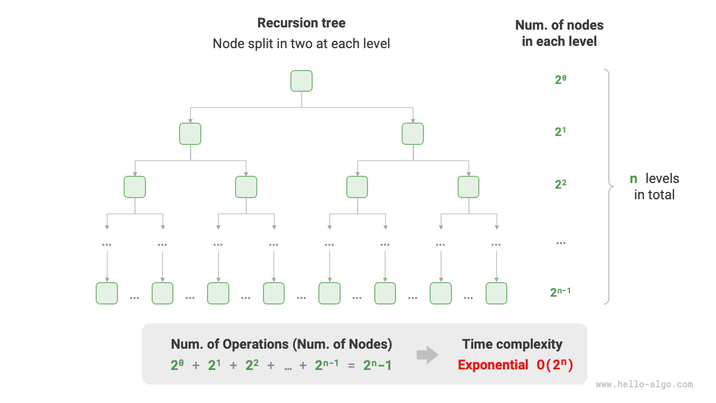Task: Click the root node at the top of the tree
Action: pyautogui.click(x=302, y=81)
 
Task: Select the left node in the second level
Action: pyautogui.click(x=190, y=134)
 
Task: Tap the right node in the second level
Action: pyautogui.click(x=413, y=134)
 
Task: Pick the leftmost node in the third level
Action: pyautogui.click(x=135, y=187)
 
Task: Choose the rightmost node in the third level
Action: pyautogui.click(x=469, y=187)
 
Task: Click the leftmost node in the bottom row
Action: pyautogui.click(x=107, y=293)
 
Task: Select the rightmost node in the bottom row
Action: pyautogui.click(x=496, y=293)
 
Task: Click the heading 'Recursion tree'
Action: pyautogui.click(x=302, y=23)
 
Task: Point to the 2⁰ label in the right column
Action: pyautogui.click(x=561, y=79)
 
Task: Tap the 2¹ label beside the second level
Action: pyautogui.click(x=561, y=132)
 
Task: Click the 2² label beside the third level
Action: pyautogui.click(x=561, y=184)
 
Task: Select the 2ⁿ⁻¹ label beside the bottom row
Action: pyautogui.click(x=561, y=292)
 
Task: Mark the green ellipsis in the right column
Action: pyautogui.click(x=561, y=243)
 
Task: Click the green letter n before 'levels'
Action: pyautogui.click(x=634, y=179)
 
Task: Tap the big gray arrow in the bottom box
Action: pyautogui.click(x=428, y=354)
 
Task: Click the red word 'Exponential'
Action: pyautogui.click(x=493, y=365)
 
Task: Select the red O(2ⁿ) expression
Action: pyautogui.click(x=555, y=365)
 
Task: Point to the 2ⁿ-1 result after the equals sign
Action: pyautogui.click(x=378, y=365)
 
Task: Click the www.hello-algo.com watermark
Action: pyautogui.click(x=644, y=385)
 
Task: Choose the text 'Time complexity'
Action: pyautogui.click(x=512, y=344)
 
